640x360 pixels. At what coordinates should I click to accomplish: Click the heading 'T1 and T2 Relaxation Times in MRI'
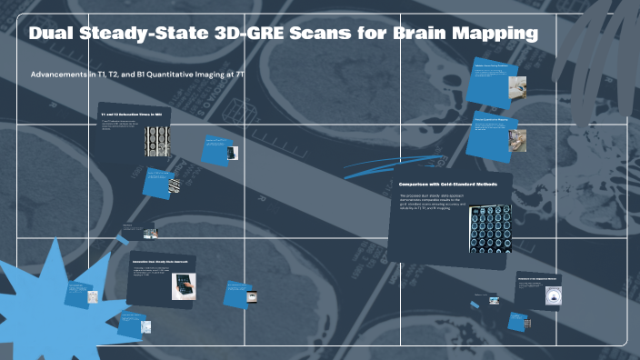coord(131,115)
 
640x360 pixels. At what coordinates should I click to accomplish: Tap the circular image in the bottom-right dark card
coord(551,295)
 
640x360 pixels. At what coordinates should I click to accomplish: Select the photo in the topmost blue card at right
coord(515,85)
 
